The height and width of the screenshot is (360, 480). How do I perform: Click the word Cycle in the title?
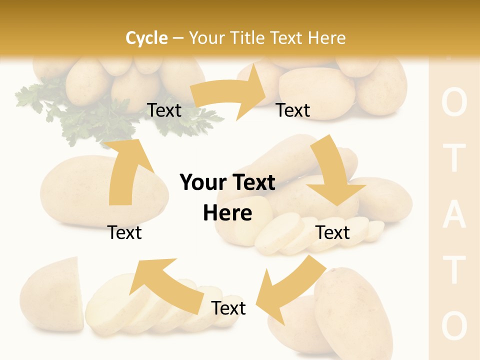(x=146, y=38)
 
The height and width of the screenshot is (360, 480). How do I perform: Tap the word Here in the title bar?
(x=326, y=38)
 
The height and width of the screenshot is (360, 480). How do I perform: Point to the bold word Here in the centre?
(x=227, y=213)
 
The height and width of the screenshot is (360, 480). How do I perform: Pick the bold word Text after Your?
(x=253, y=183)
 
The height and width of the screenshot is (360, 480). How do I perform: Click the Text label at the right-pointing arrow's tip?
(x=293, y=110)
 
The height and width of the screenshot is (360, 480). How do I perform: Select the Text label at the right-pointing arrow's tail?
(x=164, y=110)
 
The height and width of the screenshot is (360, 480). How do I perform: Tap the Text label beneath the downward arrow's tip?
(x=333, y=232)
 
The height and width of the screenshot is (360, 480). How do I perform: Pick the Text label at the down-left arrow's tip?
(x=228, y=308)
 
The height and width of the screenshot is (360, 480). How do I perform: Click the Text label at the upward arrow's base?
(x=124, y=232)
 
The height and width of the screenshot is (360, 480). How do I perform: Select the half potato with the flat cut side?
(x=52, y=295)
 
